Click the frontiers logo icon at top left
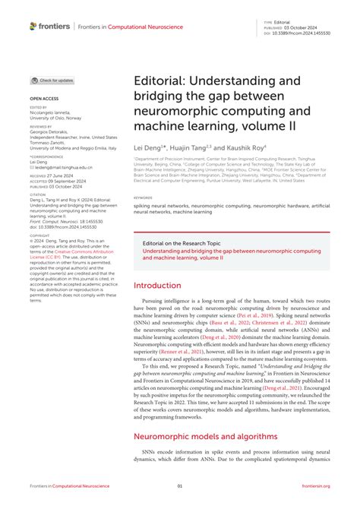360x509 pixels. tap(33, 26)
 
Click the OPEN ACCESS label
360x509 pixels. tap(43, 99)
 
